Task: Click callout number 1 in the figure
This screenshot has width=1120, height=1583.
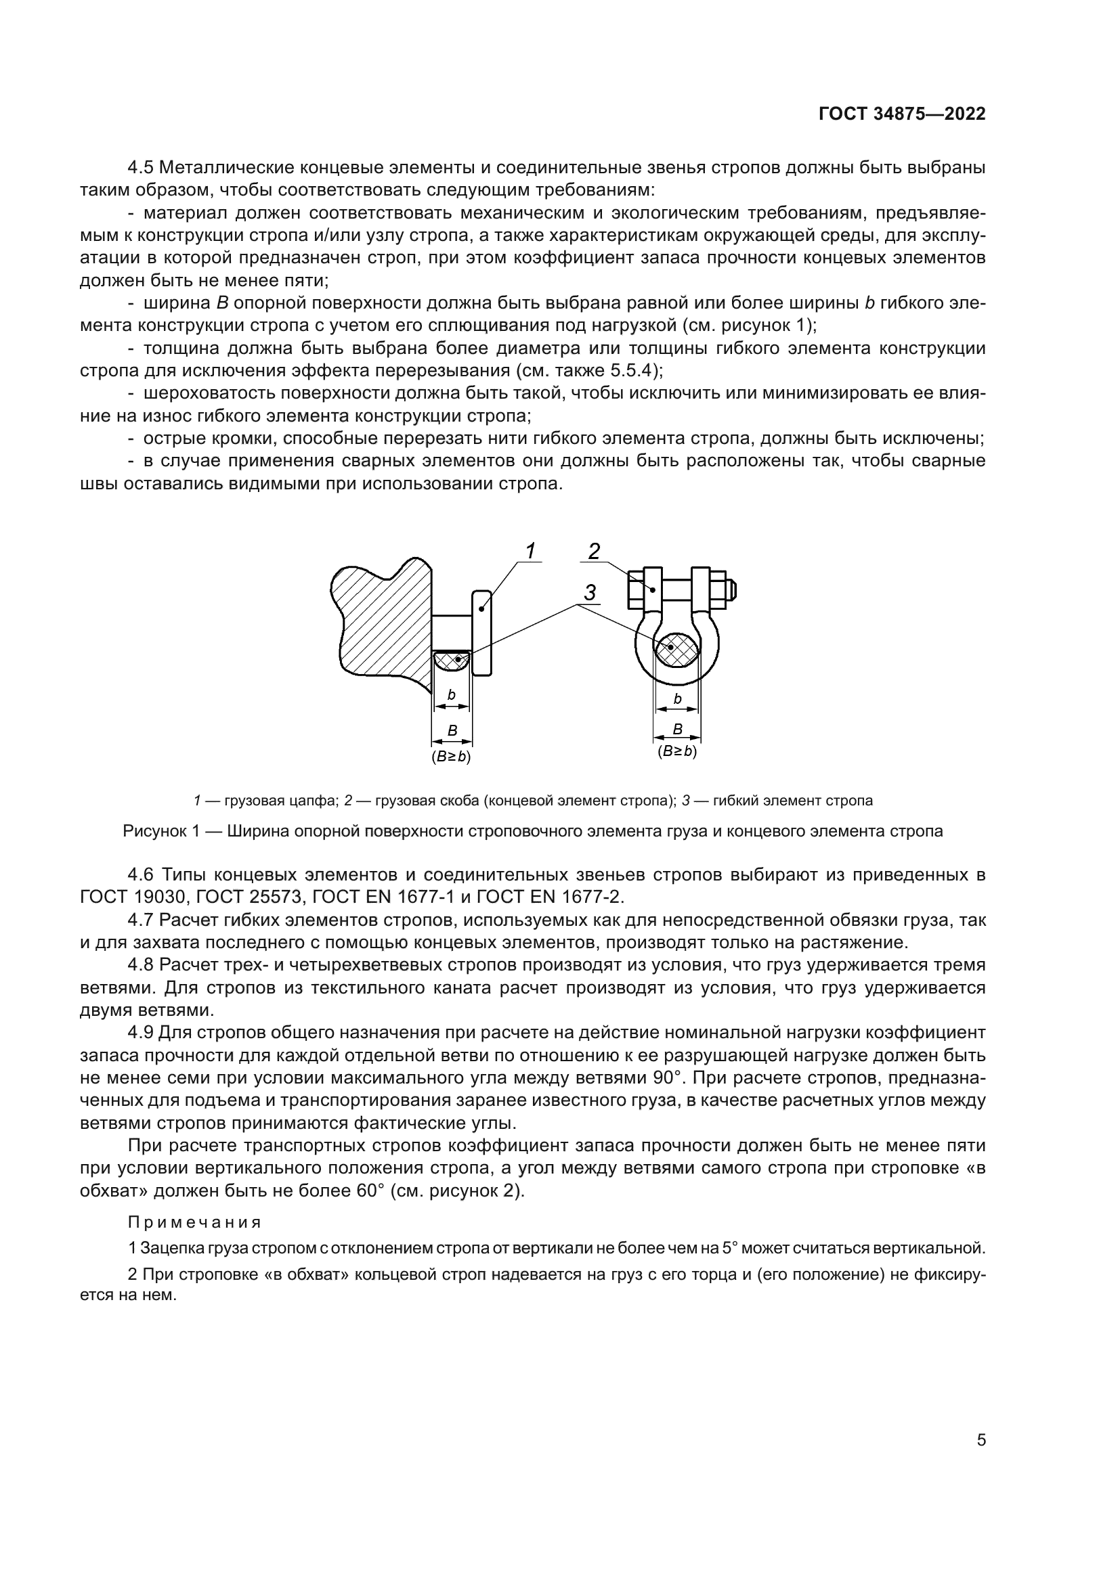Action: tap(530, 551)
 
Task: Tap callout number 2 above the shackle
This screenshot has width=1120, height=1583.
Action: tap(594, 551)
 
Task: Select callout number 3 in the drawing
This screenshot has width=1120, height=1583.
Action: tap(590, 593)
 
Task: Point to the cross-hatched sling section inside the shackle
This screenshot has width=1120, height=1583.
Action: tap(676, 650)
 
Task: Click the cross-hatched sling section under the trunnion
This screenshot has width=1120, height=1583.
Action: tap(452, 661)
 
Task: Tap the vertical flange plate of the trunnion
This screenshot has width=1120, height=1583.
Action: tap(482, 632)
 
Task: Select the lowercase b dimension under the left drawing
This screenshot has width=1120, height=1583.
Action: tap(452, 695)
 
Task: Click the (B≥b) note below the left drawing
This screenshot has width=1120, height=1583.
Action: tap(451, 757)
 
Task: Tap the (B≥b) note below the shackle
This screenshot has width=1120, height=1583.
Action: tap(677, 751)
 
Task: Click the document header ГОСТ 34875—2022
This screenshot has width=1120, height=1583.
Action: tap(901, 114)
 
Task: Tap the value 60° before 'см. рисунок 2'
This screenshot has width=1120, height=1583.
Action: tap(370, 1190)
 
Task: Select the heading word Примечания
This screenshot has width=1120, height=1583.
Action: tap(194, 1222)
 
